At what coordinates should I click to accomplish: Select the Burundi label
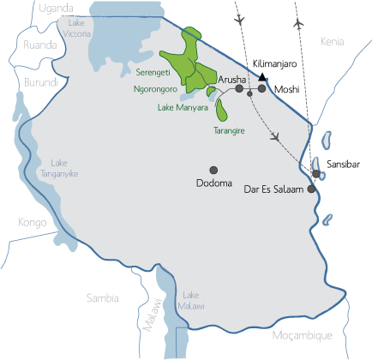tap(41, 83)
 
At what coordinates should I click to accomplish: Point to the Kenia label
tap(333, 41)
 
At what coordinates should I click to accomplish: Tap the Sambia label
tap(102, 297)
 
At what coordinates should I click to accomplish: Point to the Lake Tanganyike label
tap(65, 168)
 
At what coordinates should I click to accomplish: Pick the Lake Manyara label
tap(183, 107)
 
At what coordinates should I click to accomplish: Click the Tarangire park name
tap(229, 131)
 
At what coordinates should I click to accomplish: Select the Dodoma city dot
tap(213, 169)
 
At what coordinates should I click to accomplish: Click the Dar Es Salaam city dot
tap(311, 189)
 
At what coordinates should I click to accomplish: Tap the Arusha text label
tap(231, 78)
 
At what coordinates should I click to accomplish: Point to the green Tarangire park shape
tap(223, 111)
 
